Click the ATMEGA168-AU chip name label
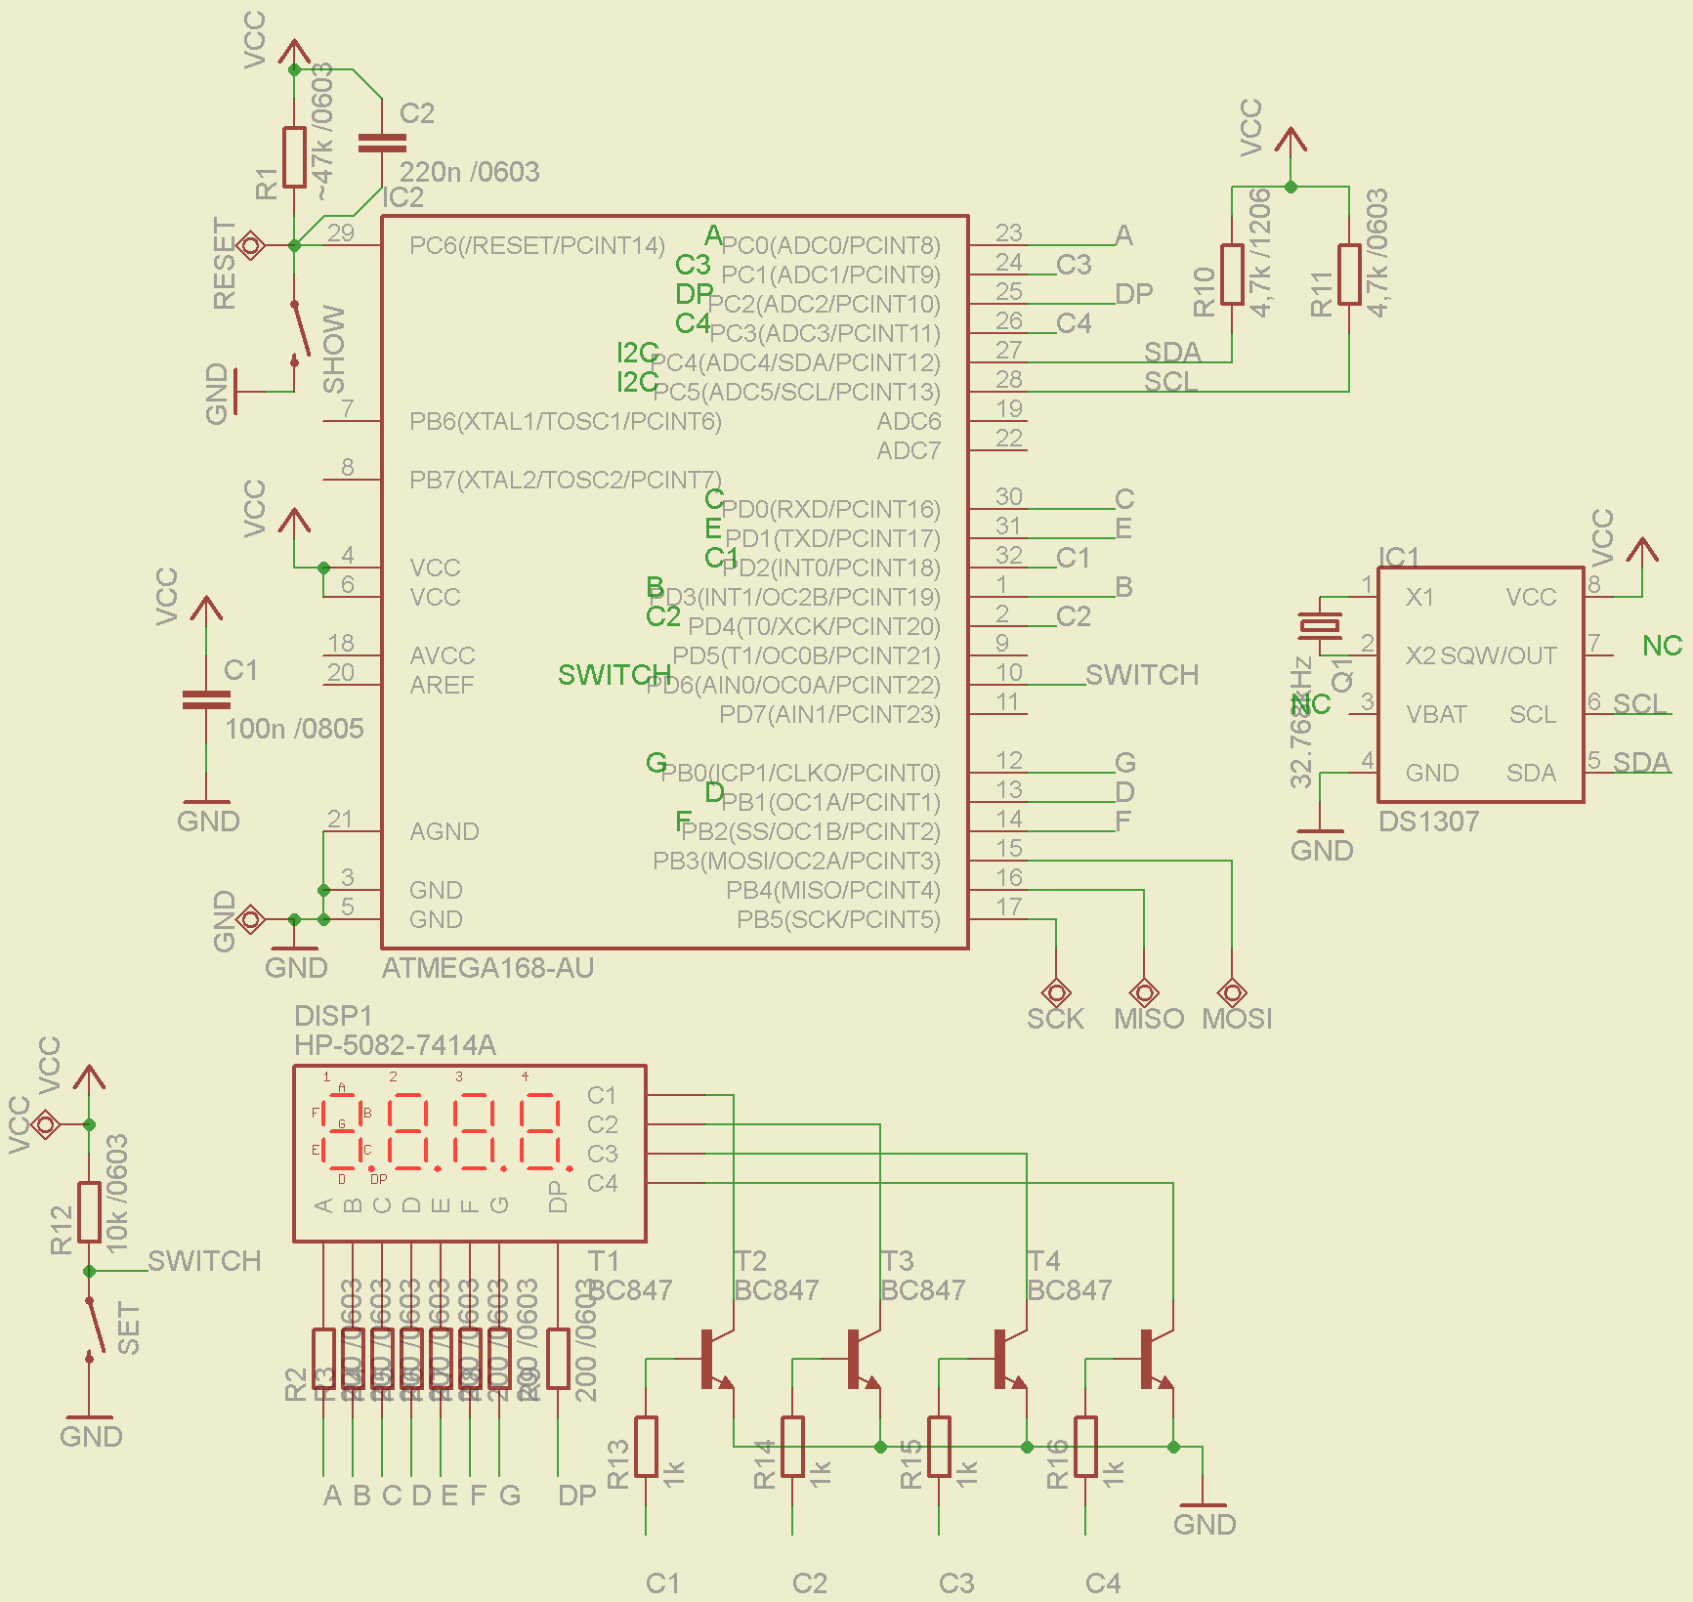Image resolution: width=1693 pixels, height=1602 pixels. pyautogui.click(x=487, y=968)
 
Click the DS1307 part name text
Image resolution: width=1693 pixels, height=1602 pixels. pyautogui.click(x=1428, y=822)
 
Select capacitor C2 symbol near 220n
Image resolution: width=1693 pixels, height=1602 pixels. pyautogui.click(x=382, y=144)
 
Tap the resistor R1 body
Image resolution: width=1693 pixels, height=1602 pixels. pyautogui.click(x=294, y=156)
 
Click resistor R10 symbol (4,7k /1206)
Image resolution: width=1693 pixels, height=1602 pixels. pyautogui.click(x=1232, y=274)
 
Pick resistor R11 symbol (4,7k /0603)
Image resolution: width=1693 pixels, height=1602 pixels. pyautogui.click(x=1349, y=274)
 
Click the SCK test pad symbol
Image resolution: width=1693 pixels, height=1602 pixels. pyautogui.click(x=1056, y=992)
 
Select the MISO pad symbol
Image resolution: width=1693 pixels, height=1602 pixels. pyautogui.click(x=1144, y=992)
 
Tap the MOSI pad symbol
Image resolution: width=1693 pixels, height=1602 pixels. pyautogui.click(x=1232, y=992)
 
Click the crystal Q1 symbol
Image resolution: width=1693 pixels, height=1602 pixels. pyautogui.click(x=1320, y=625)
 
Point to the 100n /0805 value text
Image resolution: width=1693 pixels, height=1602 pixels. pyautogui.click(x=294, y=729)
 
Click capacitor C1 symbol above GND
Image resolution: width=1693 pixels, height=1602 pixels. pyautogui.click(x=206, y=699)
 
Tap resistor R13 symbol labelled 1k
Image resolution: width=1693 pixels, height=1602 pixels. pyautogui.click(x=646, y=1447)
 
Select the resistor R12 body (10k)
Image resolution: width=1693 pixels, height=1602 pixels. pyautogui.click(x=89, y=1212)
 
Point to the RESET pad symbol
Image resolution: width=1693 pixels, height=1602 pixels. pyautogui.click(x=251, y=245)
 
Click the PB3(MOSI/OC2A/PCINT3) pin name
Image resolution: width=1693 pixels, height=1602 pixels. pyautogui.click(x=796, y=862)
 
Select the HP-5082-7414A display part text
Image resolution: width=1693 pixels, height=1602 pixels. pyautogui.click(x=395, y=1045)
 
